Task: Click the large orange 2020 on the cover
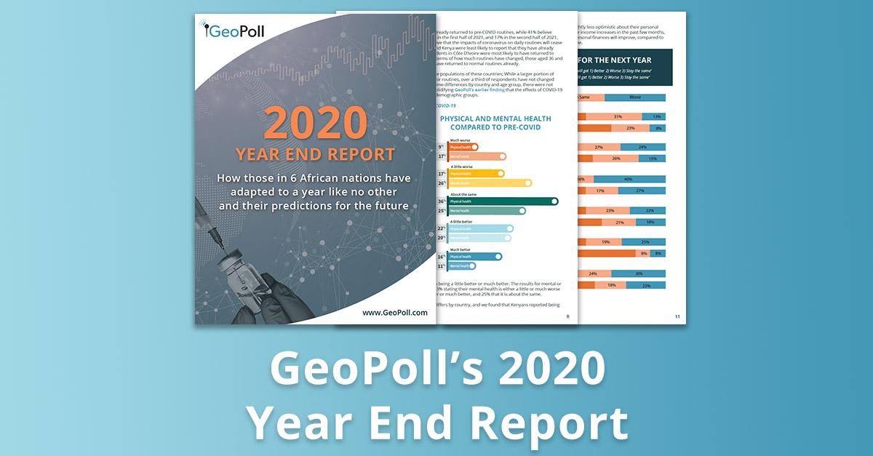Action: coord(314,124)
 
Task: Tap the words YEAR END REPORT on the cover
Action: coord(315,154)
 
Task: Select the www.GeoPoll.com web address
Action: coord(394,312)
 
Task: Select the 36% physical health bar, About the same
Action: coord(502,201)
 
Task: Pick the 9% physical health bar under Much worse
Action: coord(463,147)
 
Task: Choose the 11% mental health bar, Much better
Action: coord(461,266)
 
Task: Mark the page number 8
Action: coord(567,317)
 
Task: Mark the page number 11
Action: coord(677,317)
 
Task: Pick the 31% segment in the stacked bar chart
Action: coord(618,116)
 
